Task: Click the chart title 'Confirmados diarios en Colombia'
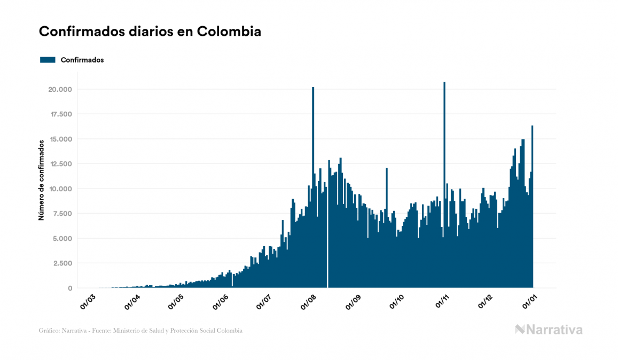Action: [x=150, y=32]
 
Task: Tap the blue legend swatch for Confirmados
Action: [x=48, y=60]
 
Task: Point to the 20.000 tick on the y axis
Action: [x=61, y=89]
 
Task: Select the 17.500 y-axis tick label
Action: [x=61, y=114]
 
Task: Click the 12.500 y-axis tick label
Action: [x=61, y=164]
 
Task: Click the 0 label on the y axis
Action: [x=69, y=288]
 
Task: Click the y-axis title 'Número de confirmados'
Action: [x=41, y=179]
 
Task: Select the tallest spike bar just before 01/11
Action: [x=444, y=160]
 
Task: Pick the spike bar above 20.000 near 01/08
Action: [x=313, y=160]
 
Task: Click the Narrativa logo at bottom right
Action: [x=549, y=330]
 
